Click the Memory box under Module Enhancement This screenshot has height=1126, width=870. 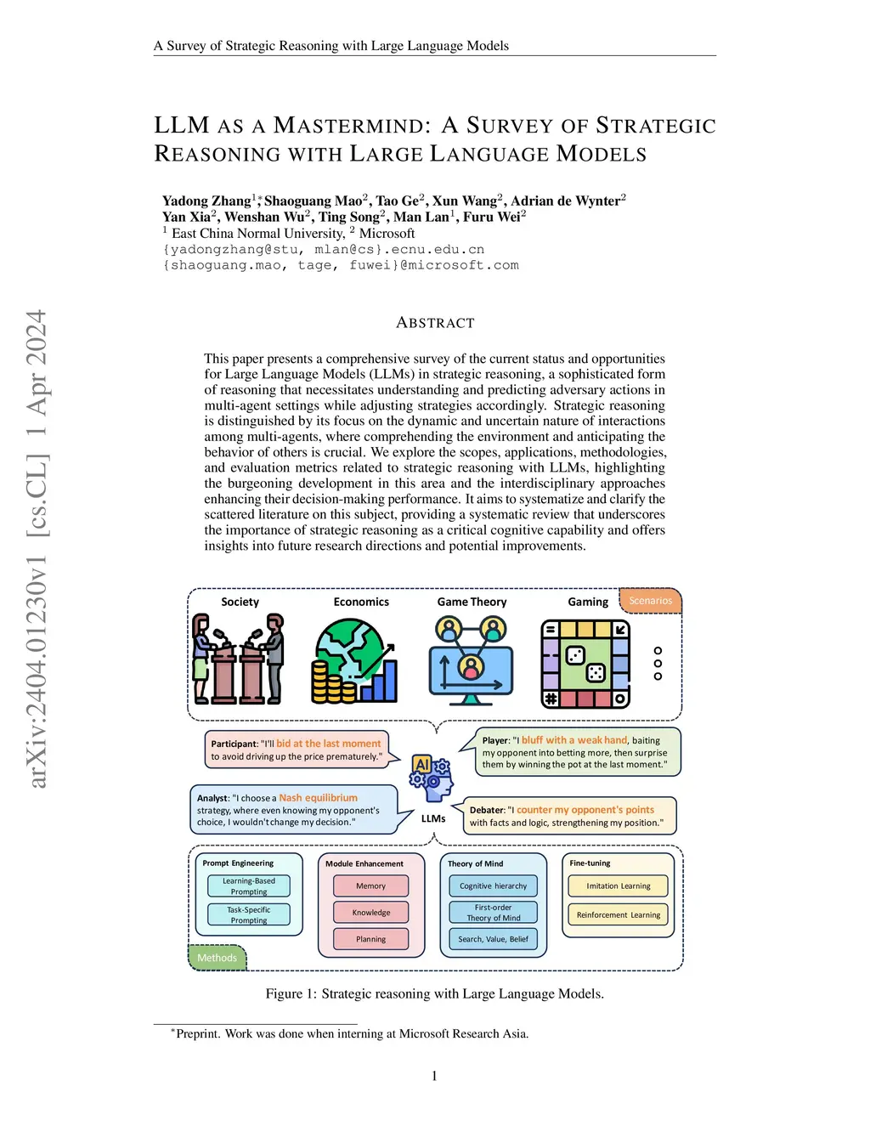click(370, 886)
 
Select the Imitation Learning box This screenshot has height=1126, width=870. click(618, 886)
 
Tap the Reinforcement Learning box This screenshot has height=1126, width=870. click(618, 915)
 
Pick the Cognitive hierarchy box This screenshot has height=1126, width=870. click(493, 886)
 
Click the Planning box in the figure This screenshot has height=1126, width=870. click(370, 939)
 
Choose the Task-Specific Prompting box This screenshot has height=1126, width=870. click(249, 914)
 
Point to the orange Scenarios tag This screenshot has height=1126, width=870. click(650, 601)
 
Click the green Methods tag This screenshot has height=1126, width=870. click(217, 958)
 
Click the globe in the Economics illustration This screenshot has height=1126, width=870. click(351, 646)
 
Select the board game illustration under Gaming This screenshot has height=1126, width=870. click(585, 663)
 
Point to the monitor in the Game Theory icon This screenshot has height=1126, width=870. click(471, 671)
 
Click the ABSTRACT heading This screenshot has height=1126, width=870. click(435, 323)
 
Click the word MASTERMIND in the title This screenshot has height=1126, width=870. click(347, 126)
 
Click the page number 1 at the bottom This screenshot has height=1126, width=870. click(434, 1076)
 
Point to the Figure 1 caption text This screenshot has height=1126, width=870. click(434, 993)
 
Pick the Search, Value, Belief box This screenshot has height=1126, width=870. click(493, 939)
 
